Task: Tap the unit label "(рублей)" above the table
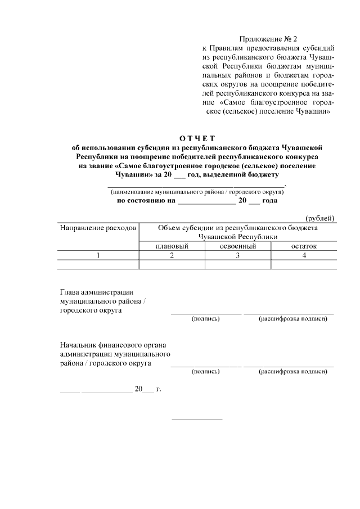[x=320, y=218]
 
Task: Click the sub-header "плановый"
[x=172, y=246]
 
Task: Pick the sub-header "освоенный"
[x=238, y=246]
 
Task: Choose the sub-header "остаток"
[x=304, y=246]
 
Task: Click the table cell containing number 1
[x=98, y=255]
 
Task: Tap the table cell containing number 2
[x=172, y=255]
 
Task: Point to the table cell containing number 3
[x=238, y=255]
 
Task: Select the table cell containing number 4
[x=304, y=255]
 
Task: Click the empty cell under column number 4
[x=304, y=264]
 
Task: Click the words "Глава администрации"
[x=96, y=292]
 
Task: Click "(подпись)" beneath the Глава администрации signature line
[x=206, y=319]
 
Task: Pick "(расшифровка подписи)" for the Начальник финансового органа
[x=292, y=372]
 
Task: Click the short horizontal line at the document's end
[x=197, y=419]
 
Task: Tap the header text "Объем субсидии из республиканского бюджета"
[x=238, y=228]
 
